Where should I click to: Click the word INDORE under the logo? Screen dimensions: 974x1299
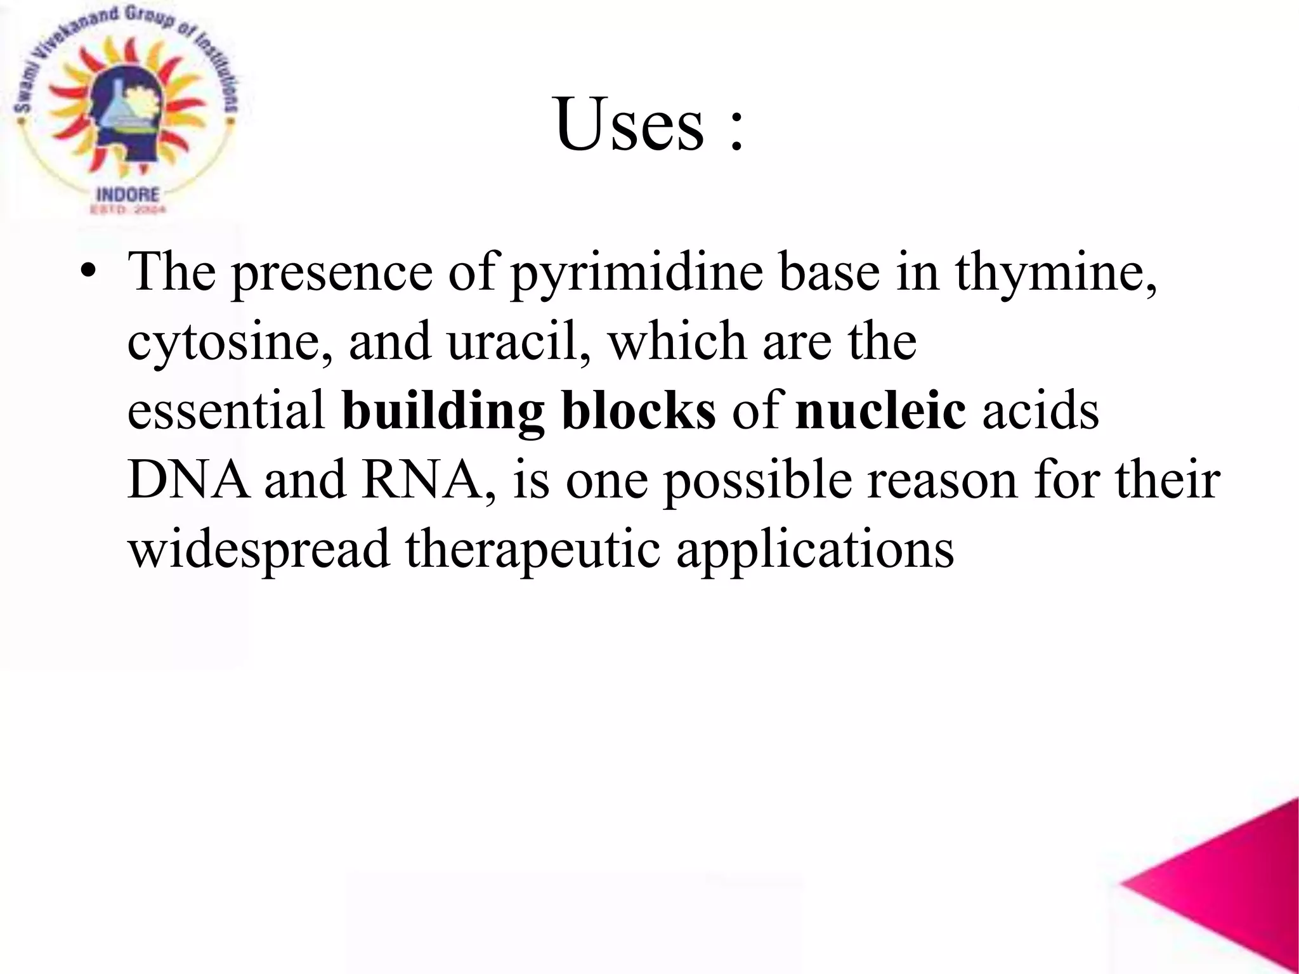tap(127, 194)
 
